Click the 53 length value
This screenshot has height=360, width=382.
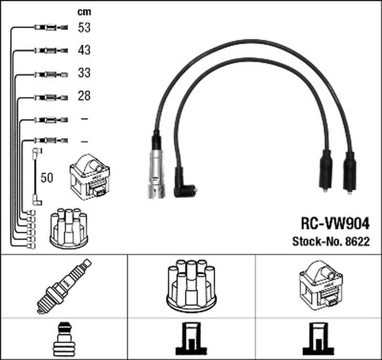(x=84, y=28)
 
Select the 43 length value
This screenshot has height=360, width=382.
(x=84, y=50)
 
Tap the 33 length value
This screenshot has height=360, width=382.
(x=84, y=73)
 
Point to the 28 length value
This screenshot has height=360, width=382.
(x=84, y=96)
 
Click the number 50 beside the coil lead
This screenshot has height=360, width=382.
(x=47, y=178)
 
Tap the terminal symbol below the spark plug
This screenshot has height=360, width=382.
(x=64, y=336)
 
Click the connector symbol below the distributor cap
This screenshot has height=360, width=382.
(x=191, y=336)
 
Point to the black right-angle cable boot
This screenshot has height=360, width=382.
(x=183, y=184)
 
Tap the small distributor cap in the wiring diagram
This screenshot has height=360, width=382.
(x=68, y=228)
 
